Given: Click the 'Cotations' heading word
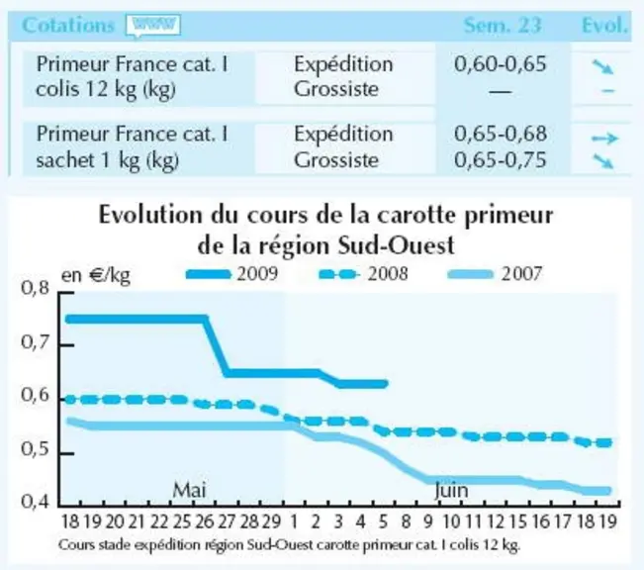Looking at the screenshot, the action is pos(68,26).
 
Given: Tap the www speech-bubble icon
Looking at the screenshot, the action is pos(153,26).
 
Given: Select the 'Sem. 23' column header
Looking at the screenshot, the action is pos(503,25).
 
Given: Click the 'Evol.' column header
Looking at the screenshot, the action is pos(604,26).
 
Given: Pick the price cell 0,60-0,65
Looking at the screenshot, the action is pos(501,64).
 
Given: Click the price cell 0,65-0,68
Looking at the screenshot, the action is pos(501,134).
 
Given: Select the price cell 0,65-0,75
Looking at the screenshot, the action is pos(501,160).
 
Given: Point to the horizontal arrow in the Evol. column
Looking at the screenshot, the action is pos(604,139).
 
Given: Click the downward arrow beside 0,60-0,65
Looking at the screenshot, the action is pos(602,67).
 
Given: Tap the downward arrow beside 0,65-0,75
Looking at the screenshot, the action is pos(602,161).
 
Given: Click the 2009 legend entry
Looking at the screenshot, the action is pos(232,274).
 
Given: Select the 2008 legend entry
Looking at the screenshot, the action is pos(364,274).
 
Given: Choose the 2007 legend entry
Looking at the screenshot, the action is pos(495,274).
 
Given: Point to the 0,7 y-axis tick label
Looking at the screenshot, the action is pos(35,342).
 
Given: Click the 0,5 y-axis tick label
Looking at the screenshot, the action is pos(35,448).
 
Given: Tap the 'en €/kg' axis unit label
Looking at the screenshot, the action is pos(96,275).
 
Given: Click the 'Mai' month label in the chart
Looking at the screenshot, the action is pos(189,490).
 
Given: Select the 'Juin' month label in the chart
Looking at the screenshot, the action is pos(451,490).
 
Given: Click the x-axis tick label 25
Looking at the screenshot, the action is pos(182,522).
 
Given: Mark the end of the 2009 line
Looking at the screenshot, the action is pos(385,384).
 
